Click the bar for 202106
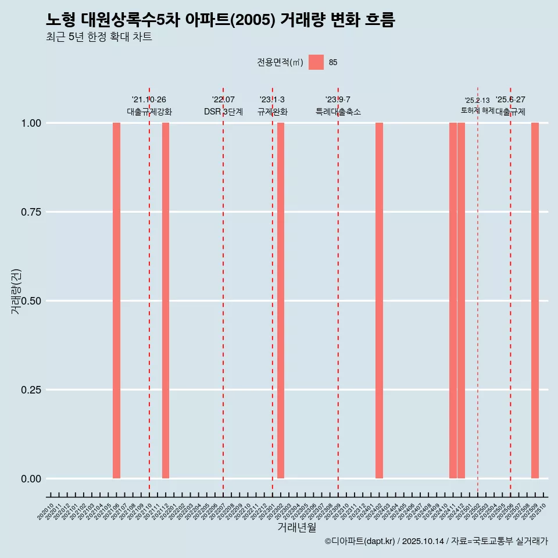pyautogui.click(x=116, y=301)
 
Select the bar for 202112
pyautogui.click(x=166, y=301)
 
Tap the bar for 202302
pyautogui.click(x=281, y=301)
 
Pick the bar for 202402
pyautogui.click(x=379, y=301)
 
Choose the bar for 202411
pyautogui.click(x=453, y=301)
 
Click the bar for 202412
pyautogui.click(x=461, y=301)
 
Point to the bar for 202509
pyautogui.click(x=535, y=301)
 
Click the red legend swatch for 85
pyautogui.click(x=316, y=62)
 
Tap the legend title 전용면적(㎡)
pyautogui.click(x=280, y=62)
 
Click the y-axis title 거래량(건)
pyautogui.click(x=16, y=291)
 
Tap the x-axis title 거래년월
pyautogui.click(x=297, y=527)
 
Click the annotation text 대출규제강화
pyautogui.click(x=149, y=112)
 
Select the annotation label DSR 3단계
pyautogui.click(x=223, y=112)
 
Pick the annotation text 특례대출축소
pyautogui.click(x=338, y=112)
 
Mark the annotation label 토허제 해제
pyautogui.click(x=477, y=110)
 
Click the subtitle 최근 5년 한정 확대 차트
pyautogui.click(x=99, y=37)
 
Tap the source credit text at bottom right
pyautogui.click(x=436, y=541)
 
